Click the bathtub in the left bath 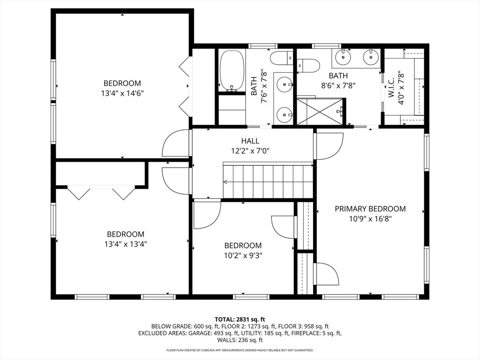[232, 70]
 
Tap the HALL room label [250, 141]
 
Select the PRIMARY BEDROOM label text [370, 209]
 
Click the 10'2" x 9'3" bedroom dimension [243, 255]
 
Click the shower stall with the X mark [320, 112]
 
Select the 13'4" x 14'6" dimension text [122, 93]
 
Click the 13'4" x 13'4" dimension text [125, 244]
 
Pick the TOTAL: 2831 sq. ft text [240, 319]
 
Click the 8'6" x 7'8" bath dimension [338, 85]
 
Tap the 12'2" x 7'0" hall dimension [250, 150]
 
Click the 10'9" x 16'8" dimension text [370, 218]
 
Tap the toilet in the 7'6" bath [282, 59]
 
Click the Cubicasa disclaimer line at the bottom [240, 350]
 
